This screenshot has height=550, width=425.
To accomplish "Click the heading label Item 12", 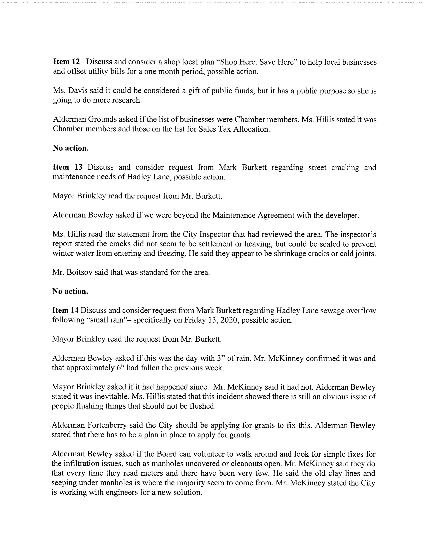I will click(x=66, y=62).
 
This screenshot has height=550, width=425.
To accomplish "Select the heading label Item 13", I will click(x=67, y=167).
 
